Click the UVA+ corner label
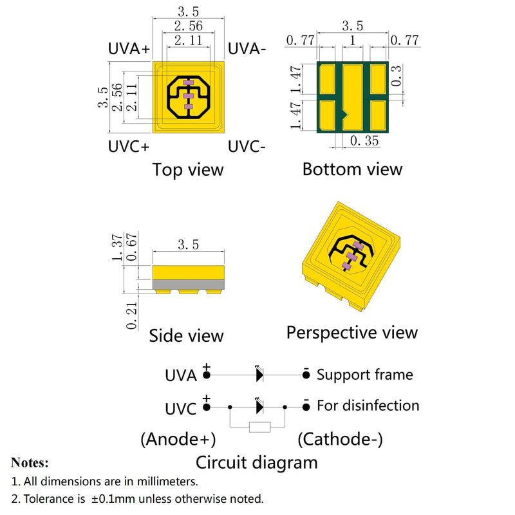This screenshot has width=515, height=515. pos(129,49)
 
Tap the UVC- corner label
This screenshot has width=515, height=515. pos(247,146)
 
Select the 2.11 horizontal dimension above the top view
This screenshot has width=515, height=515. pos(188,41)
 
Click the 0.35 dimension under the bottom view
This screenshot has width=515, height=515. pos(364,141)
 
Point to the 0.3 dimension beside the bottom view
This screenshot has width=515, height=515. pos(397,75)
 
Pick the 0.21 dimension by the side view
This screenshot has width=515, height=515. pos(132,316)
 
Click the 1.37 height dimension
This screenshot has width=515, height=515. pos(117,247)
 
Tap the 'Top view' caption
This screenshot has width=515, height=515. pos(188,170)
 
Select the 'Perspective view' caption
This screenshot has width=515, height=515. pos(351,333)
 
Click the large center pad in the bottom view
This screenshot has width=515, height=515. pos(352,97)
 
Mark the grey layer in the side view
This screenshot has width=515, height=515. pos(188,285)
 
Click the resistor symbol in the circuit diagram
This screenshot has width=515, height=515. pos(260,427)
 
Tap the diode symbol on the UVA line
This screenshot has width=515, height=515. pos(259,374)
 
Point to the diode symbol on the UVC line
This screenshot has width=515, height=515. pos(259,407)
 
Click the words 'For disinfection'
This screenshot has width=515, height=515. pos(368,406)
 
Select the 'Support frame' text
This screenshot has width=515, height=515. pos(364,375)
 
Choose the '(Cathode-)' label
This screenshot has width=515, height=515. pos(340,439)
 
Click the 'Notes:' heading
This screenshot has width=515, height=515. pos(30,462)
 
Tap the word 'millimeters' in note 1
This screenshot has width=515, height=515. pos(167,482)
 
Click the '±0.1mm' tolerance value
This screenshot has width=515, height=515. pos(113,499)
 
